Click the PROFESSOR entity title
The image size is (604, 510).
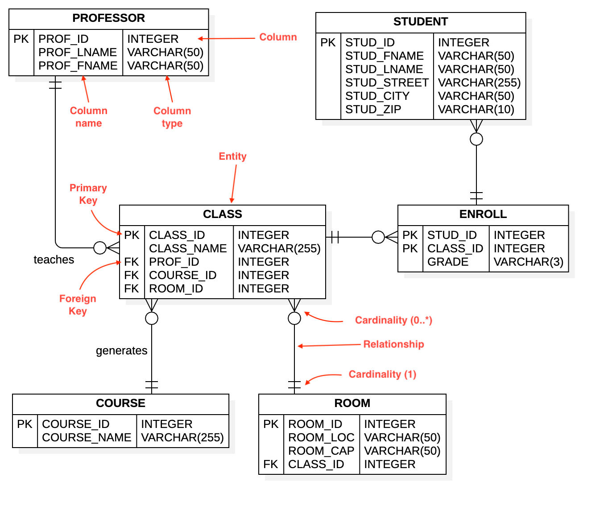point(108,18)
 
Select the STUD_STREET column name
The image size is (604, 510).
point(387,83)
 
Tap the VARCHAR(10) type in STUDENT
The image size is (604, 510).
point(476,110)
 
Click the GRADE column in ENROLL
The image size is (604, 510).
point(447,262)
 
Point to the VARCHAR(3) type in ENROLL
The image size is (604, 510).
point(528,262)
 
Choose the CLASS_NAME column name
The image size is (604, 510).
point(188,249)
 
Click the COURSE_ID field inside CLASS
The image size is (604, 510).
point(182,276)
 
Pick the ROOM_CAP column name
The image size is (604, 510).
point(321,451)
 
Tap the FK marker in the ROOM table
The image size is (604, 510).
point(271,465)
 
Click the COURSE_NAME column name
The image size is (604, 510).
point(87,438)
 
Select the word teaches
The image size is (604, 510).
point(54,260)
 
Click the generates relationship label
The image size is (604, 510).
point(121,351)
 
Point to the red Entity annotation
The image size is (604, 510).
point(232,156)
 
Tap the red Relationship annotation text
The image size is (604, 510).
point(393,344)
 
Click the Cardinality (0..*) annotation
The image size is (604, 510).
point(393,320)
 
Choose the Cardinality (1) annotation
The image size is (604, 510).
point(382,374)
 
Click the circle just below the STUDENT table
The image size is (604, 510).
point(476,140)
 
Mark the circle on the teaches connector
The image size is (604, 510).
point(100,248)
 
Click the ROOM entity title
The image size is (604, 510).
point(352,403)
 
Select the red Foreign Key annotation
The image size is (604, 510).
point(78,305)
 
